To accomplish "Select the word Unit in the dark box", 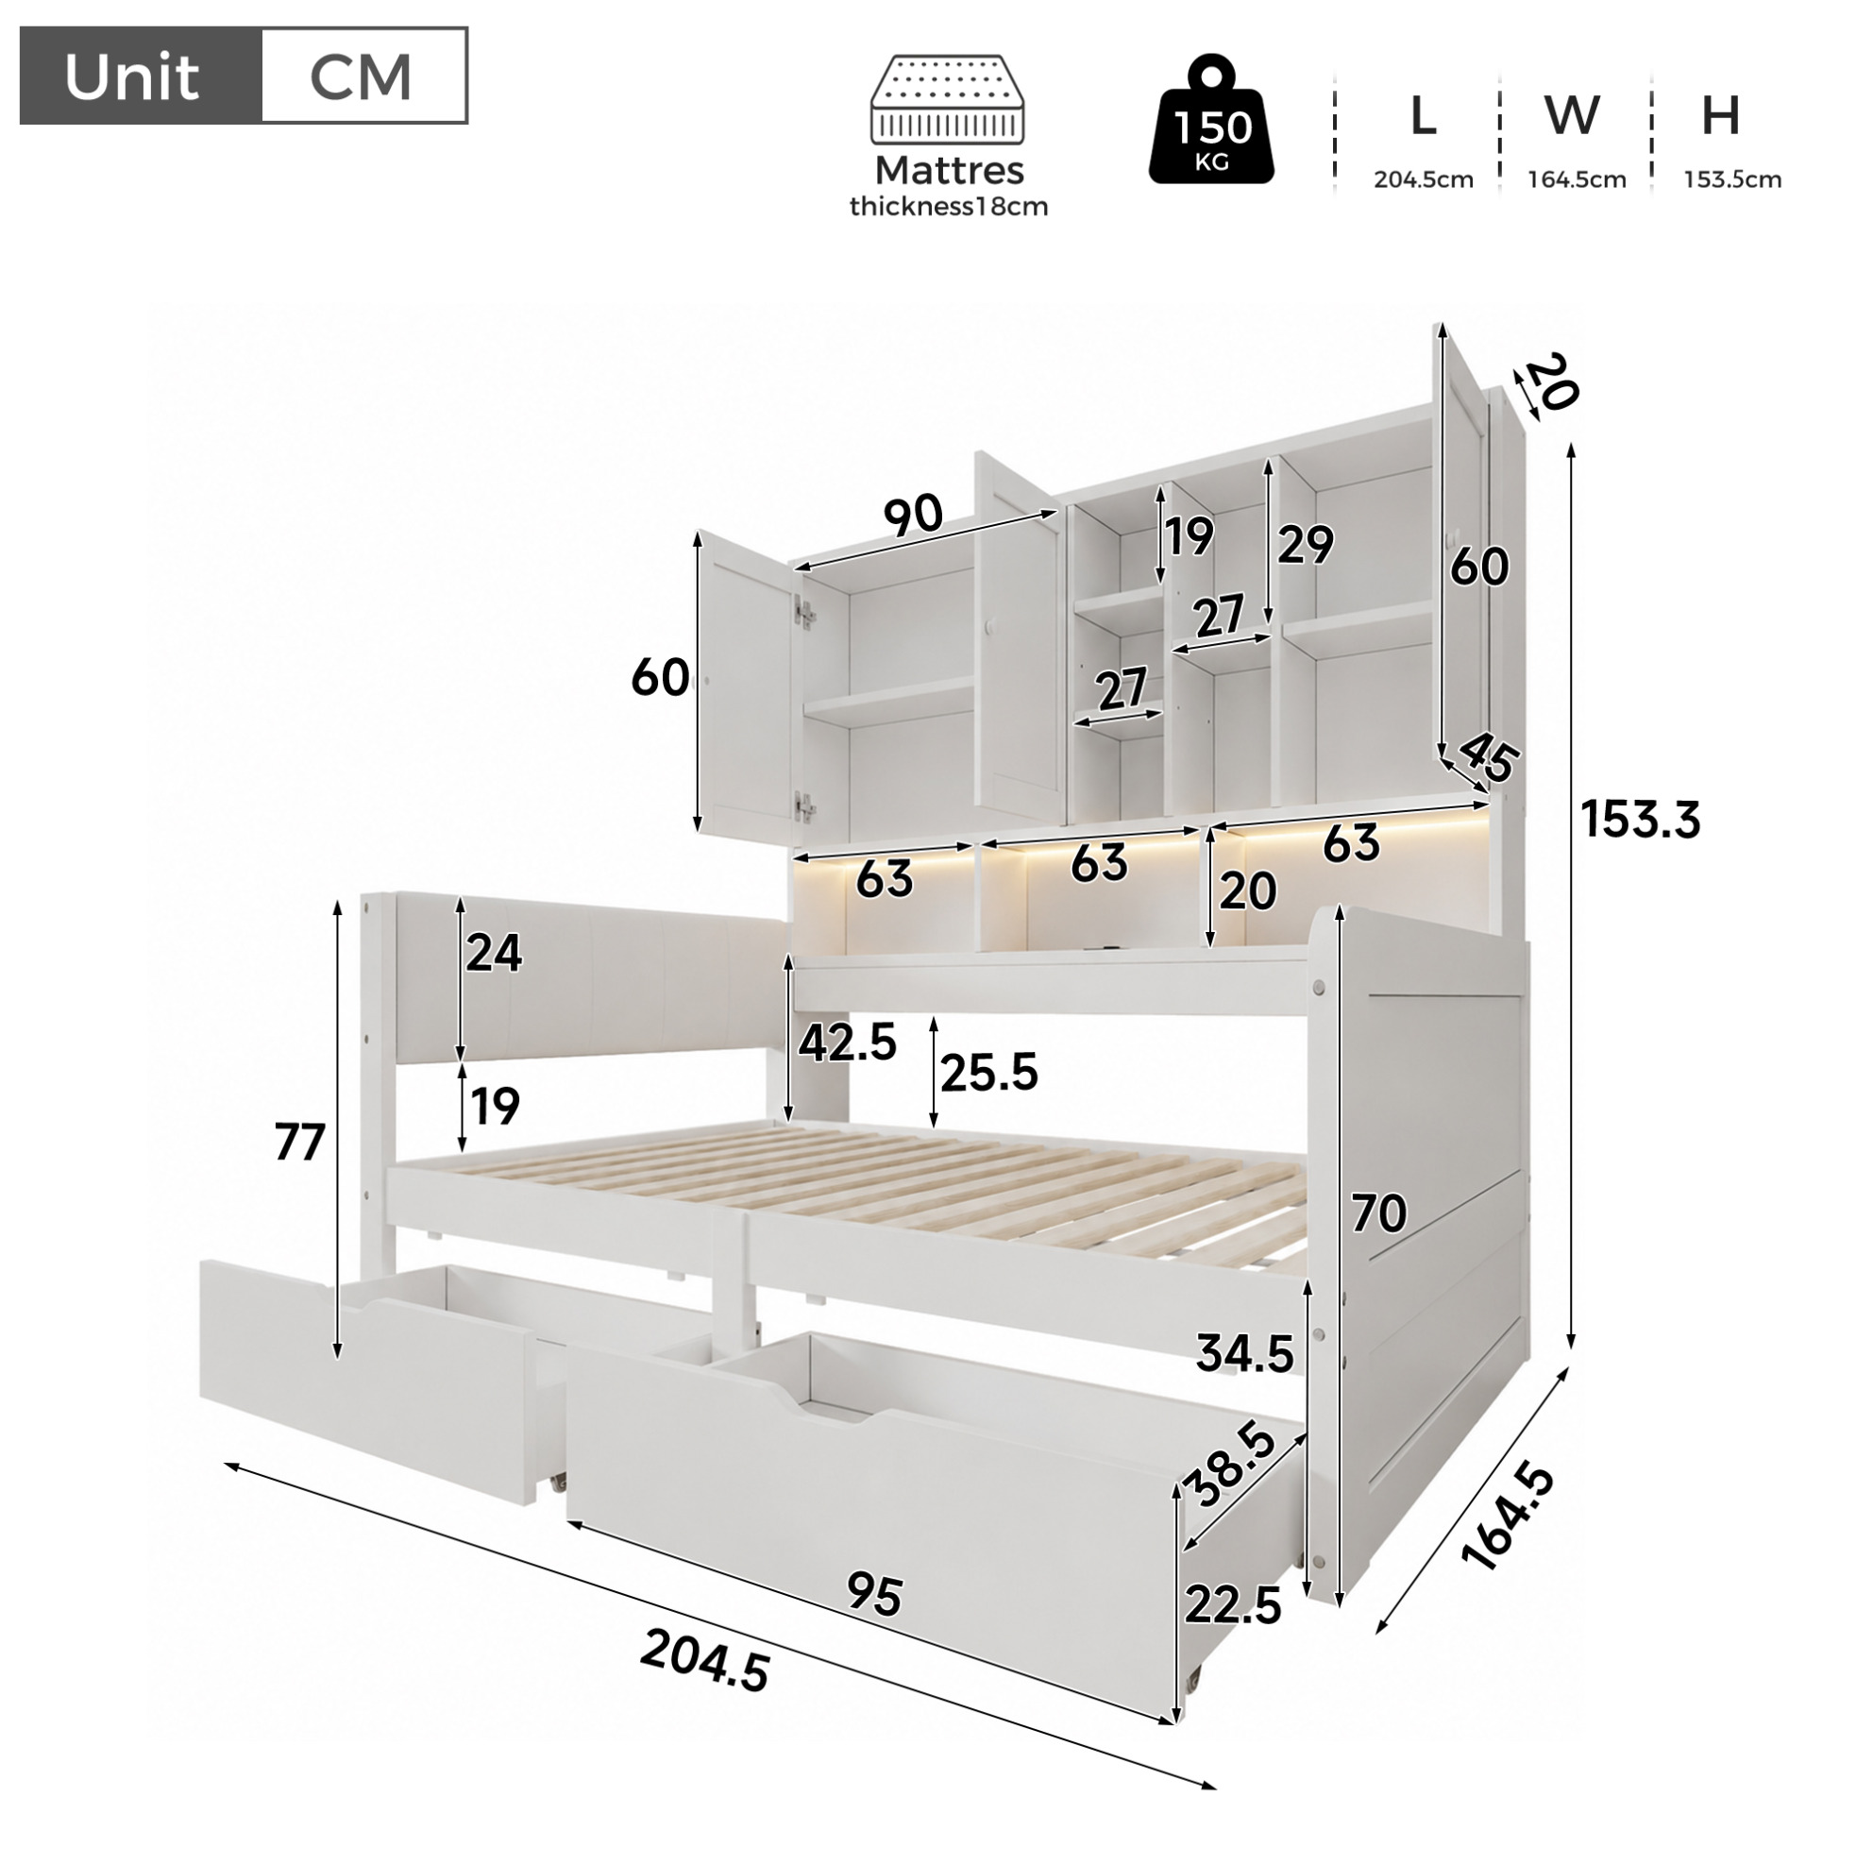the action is coord(132,76).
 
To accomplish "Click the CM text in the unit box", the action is coord(361,76).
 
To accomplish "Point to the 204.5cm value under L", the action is coord(1424,179).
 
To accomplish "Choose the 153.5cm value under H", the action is coord(1732,179).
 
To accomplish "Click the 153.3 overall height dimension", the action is coord(1641,820).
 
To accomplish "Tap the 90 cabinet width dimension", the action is coord(913,515).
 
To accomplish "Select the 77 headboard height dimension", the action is coord(299,1143).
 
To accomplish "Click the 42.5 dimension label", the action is coord(848,1043).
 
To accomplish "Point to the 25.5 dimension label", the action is coord(988,1073).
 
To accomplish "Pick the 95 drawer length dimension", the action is coord(874,1594).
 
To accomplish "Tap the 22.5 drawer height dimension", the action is coord(1233,1606).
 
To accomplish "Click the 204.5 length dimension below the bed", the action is coord(705,1660).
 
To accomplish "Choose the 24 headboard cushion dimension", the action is coord(494,953).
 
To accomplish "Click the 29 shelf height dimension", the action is coord(1305,545).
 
